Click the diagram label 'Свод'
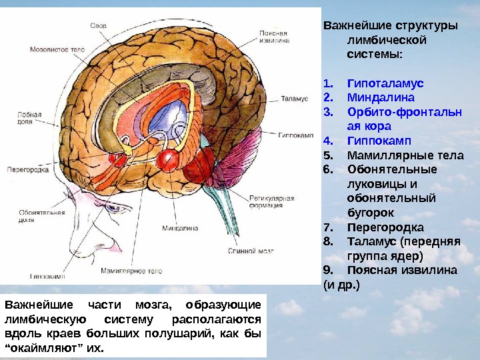tap(99, 25)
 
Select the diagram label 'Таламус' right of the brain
tap(293, 98)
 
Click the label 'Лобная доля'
tap(29, 118)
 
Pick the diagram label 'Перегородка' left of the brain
tap(26, 170)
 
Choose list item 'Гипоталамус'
tap(385, 84)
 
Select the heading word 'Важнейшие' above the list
tap(356, 26)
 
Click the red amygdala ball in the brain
tap(166, 157)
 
